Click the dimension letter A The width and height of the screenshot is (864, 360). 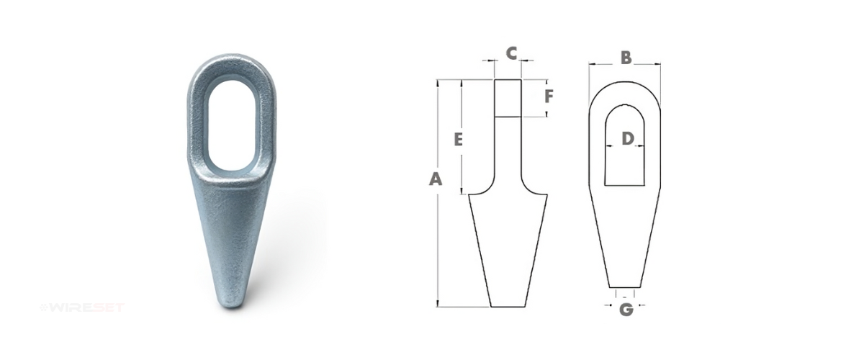(436, 179)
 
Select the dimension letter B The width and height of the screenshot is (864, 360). (626, 58)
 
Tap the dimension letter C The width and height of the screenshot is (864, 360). (511, 53)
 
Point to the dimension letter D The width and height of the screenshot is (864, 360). (628, 138)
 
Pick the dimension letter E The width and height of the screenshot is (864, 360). (458, 139)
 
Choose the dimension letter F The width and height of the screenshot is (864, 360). (549, 96)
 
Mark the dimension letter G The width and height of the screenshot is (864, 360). (626, 309)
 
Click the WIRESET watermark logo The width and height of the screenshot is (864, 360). (82, 307)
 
